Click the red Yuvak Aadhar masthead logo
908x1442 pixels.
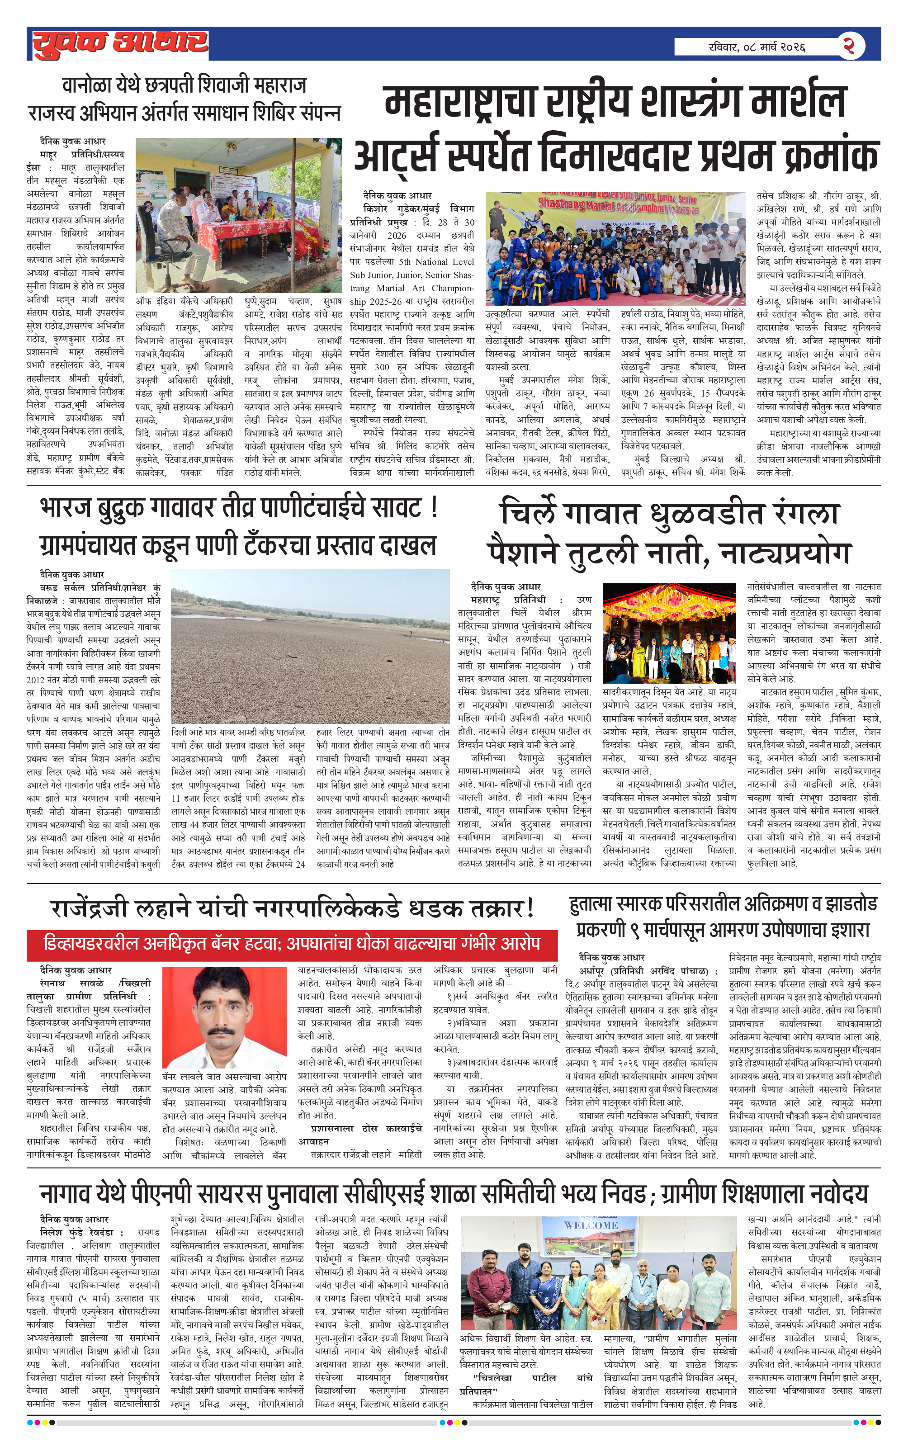point(120,44)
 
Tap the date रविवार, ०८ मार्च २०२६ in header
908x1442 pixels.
point(757,46)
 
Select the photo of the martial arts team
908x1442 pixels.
point(615,249)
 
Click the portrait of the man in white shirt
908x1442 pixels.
point(224,1017)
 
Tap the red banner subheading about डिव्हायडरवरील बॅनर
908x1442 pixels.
point(292,944)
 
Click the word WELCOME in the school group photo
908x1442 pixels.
point(591,1225)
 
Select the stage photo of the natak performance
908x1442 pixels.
point(669,633)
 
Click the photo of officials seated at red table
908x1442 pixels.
point(238,215)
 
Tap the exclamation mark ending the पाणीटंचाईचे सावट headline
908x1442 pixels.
point(434,508)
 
